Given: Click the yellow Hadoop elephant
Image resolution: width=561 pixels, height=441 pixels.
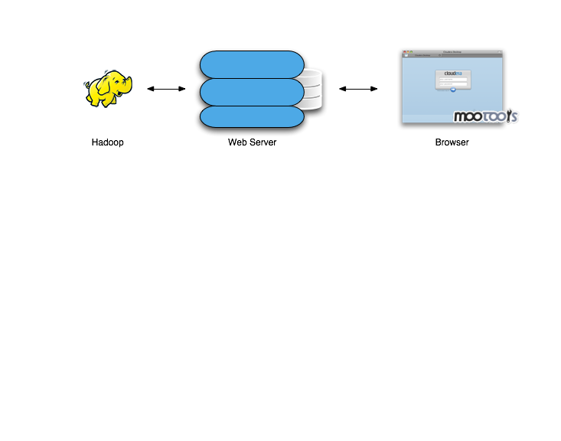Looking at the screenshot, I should pyautogui.click(x=108, y=89).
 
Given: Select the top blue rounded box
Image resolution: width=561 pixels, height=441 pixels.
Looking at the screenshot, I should pyautogui.click(x=252, y=65).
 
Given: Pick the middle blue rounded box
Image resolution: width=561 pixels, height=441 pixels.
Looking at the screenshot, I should pyautogui.click(x=252, y=92).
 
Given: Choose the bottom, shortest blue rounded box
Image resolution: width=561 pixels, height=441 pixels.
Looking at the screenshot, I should pyautogui.click(x=252, y=116).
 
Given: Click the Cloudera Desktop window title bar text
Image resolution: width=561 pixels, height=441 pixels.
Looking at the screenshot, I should pyautogui.click(x=452, y=52).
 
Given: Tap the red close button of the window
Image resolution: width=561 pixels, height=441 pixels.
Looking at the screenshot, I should pyautogui.click(x=404, y=52).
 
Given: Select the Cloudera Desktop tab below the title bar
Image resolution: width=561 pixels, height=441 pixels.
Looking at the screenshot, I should pyautogui.click(x=423, y=55).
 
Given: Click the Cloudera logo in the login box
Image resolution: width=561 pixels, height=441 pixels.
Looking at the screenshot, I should pyautogui.click(x=453, y=73).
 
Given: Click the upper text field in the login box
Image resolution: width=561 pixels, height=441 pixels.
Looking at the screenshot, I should pyautogui.click(x=453, y=78).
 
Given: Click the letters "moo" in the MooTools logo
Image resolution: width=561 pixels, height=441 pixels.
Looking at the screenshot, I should pyautogui.click(x=467, y=117).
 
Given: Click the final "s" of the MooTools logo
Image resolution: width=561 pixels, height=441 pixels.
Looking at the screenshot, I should pyautogui.click(x=515, y=117).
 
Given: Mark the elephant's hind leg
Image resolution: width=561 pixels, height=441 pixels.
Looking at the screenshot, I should pyautogui.click(x=95, y=100).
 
